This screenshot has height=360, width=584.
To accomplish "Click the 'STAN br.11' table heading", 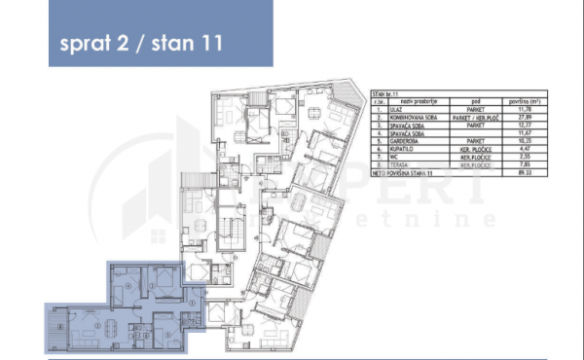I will point(384,93).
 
